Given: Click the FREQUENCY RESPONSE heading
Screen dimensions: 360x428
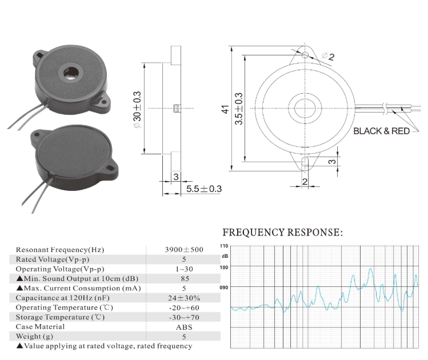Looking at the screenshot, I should [x=282, y=233].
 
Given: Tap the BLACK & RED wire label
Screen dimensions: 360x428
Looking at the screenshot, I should [x=381, y=131].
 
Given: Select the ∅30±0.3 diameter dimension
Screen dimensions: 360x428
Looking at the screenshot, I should [x=137, y=108].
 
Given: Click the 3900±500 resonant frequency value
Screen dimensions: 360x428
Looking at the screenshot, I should [x=185, y=250].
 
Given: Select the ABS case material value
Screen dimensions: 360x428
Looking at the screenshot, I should [x=184, y=327].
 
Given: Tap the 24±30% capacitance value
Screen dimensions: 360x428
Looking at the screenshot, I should [x=184, y=298].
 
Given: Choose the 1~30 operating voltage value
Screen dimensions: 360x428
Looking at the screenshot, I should [x=184, y=269].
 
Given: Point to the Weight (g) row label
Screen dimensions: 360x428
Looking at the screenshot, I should [x=37, y=337].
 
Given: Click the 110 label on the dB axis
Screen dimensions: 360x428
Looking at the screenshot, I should [x=224, y=246].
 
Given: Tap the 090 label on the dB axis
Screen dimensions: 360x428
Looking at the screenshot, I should [x=224, y=288].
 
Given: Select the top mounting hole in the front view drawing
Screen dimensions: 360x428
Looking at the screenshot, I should [x=306, y=55].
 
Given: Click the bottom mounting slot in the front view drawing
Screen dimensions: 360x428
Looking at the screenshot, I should [x=305, y=162].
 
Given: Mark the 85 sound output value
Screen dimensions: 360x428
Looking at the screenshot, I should [x=184, y=278].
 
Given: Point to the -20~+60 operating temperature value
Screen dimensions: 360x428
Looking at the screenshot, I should [x=184, y=307].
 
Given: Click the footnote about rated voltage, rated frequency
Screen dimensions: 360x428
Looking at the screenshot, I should [x=104, y=346].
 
